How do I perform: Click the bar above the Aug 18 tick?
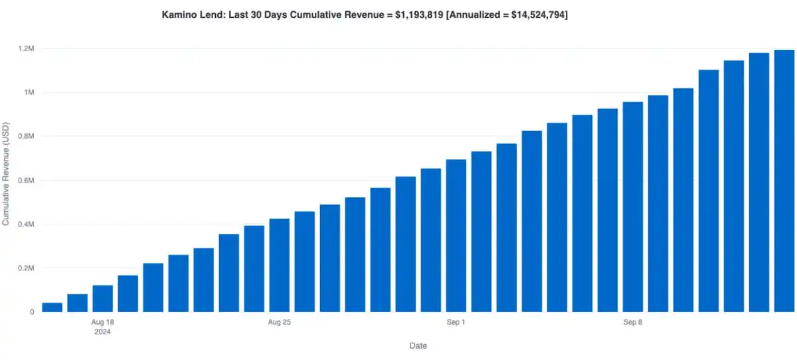pos(103,299)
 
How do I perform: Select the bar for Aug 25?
pos(280,266)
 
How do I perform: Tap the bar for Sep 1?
pos(456,236)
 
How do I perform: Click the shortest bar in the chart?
pos(52,308)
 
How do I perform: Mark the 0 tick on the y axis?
pos(31,312)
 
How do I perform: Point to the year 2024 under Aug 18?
pos(102,332)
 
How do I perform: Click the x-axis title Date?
pos(418,346)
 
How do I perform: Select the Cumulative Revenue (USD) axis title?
pos(6,174)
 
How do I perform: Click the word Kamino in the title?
pos(179,14)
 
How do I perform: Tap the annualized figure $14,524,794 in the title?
pos(531,14)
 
